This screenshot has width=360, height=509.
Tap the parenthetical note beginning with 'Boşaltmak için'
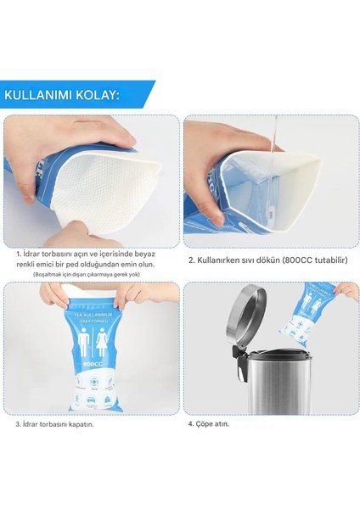pos(98,275)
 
